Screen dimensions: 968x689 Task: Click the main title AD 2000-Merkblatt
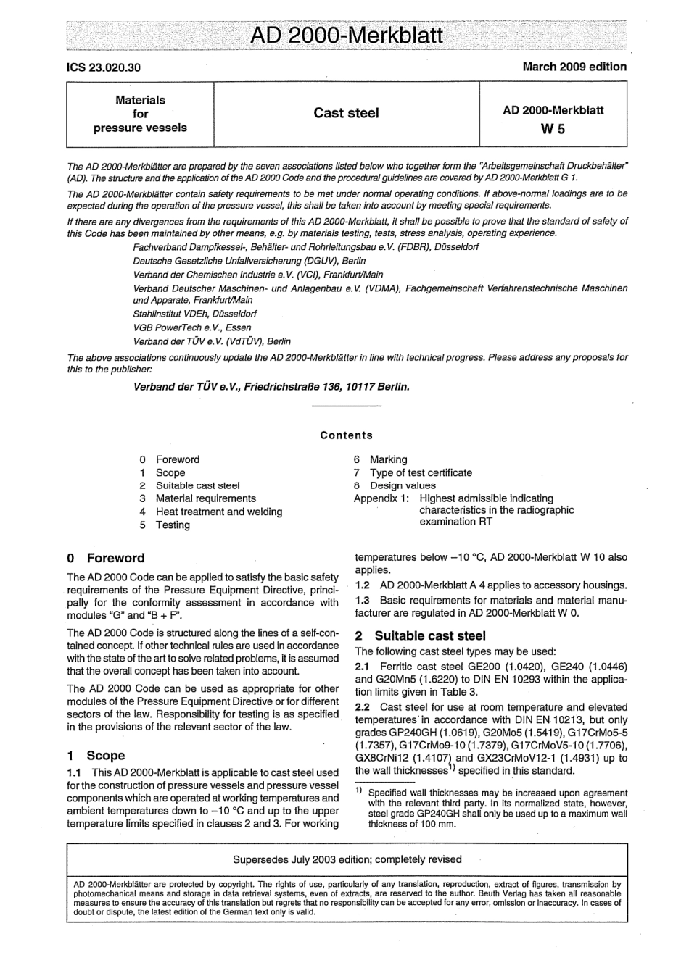coord(346,36)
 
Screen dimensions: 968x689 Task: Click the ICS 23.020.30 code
coord(104,67)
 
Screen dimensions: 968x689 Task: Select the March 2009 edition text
coord(574,67)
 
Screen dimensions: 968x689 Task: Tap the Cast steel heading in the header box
coord(346,113)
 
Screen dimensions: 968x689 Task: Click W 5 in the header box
coord(553,130)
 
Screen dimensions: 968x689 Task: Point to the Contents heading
coord(346,435)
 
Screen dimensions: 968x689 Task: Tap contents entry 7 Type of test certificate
coord(413,472)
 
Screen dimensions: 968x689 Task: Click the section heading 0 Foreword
coord(106,558)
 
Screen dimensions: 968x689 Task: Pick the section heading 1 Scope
coord(96,755)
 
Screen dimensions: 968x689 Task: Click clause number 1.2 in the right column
coord(363,585)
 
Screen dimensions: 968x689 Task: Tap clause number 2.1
coord(363,666)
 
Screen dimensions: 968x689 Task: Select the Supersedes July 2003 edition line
coord(347,859)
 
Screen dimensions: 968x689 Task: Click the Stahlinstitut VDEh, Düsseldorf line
coord(194,314)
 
